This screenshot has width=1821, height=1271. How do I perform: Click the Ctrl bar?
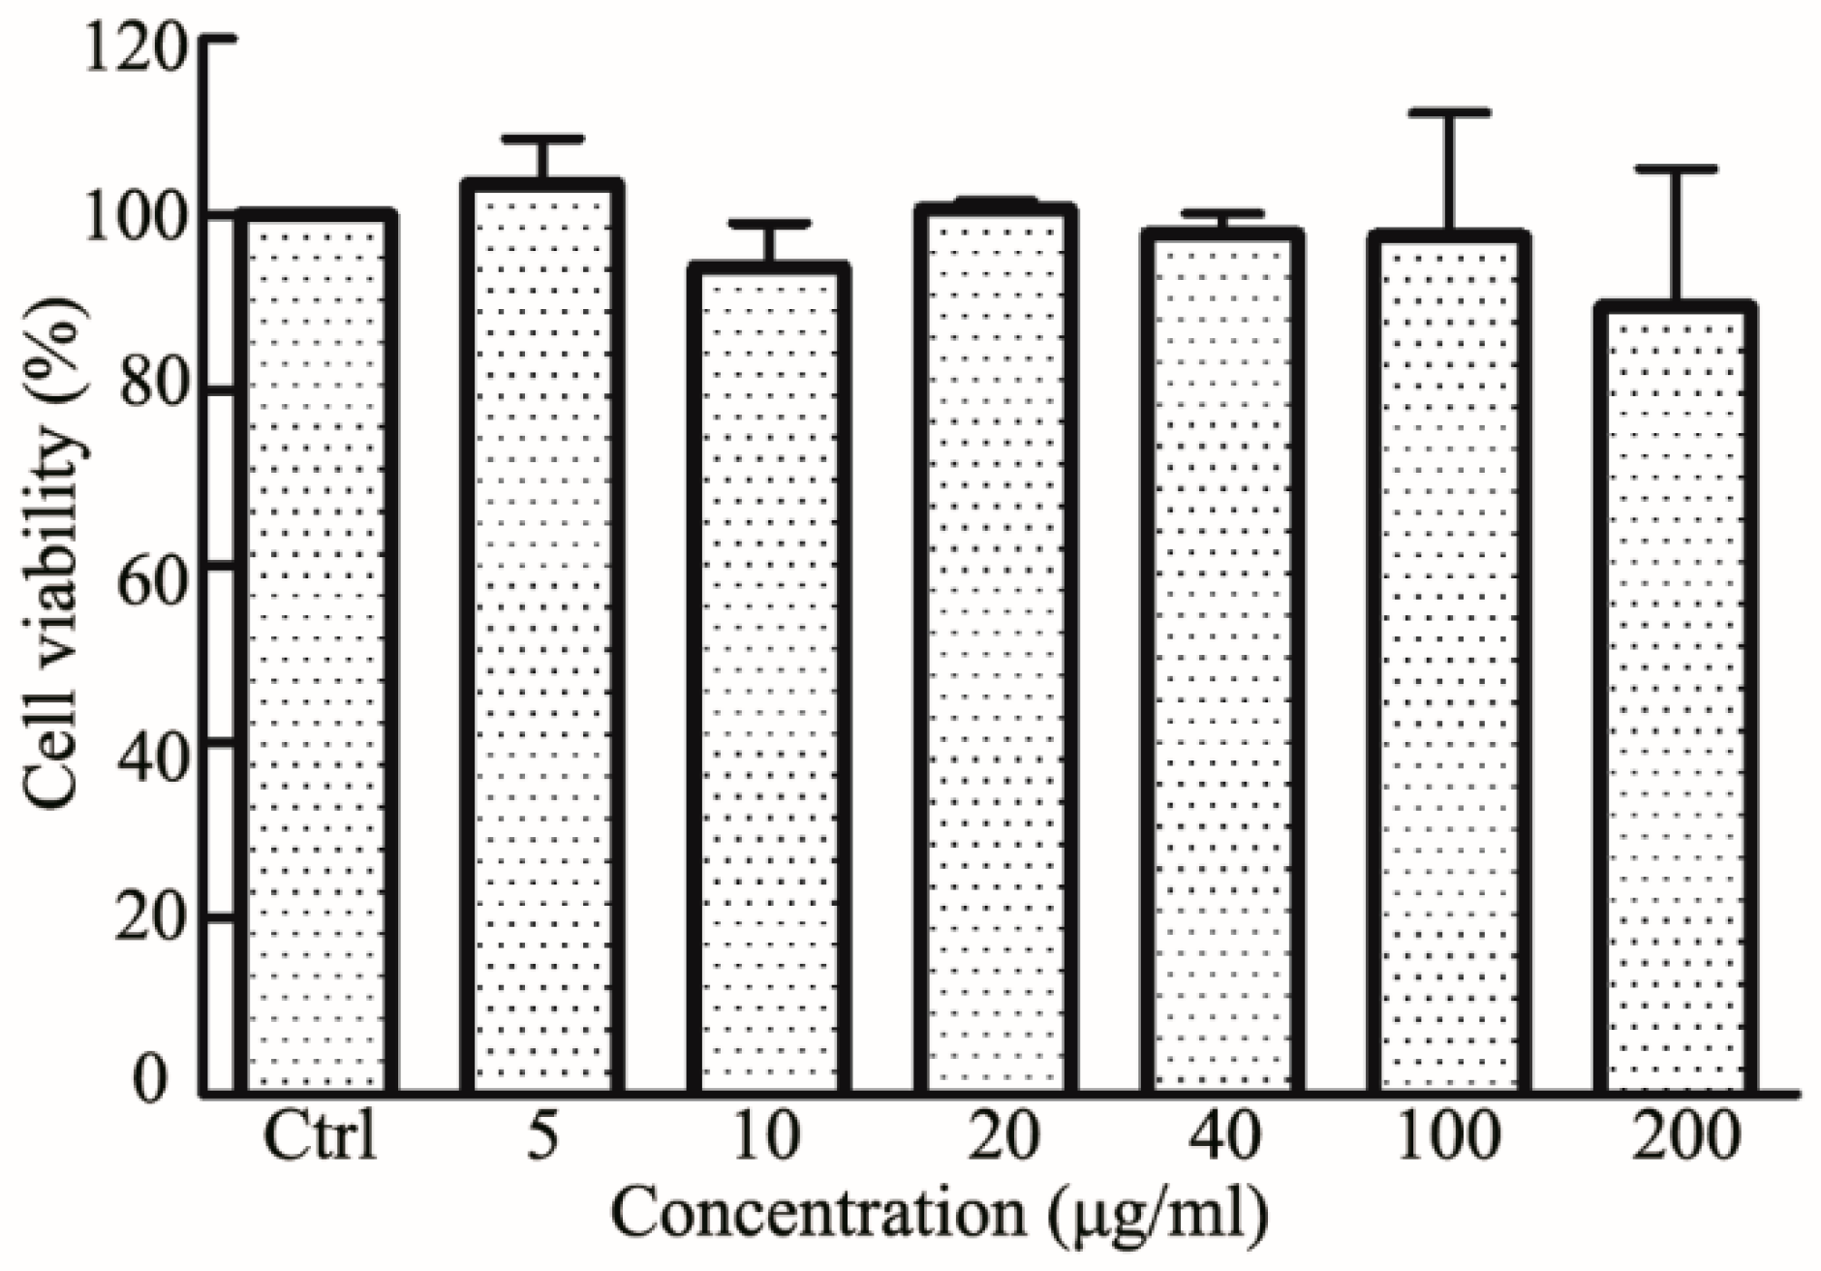(x=317, y=654)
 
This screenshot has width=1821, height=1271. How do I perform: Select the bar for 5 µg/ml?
(x=544, y=639)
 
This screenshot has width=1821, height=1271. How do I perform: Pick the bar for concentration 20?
(x=996, y=649)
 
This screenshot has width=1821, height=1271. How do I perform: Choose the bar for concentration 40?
(x=1223, y=664)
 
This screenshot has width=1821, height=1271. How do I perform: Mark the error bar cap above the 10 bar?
(x=770, y=224)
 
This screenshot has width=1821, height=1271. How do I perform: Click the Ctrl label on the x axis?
(x=320, y=1139)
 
